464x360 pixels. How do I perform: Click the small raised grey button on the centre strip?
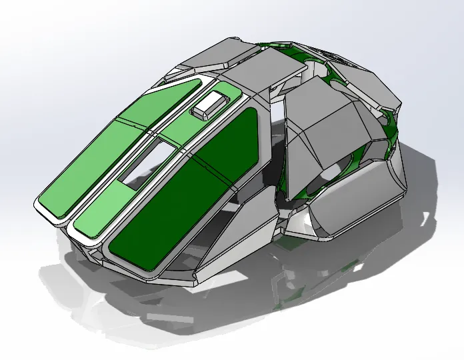tap(211, 104)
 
